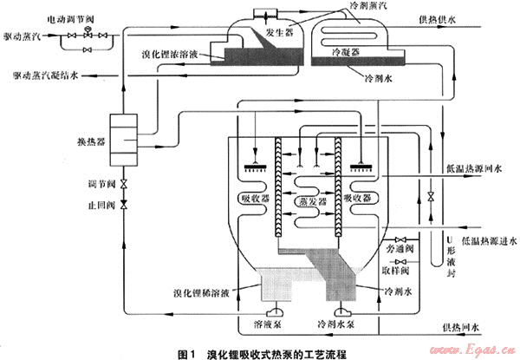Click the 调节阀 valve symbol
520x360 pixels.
pyautogui.click(x=124, y=185)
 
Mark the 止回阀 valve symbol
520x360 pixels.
pyautogui.click(x=124, y=204)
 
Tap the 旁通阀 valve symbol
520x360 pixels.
pyautogui.click(x=402, y=239)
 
